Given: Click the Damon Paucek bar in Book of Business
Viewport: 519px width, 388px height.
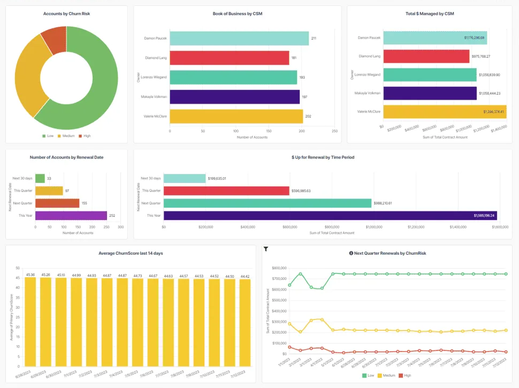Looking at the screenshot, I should [239, 39].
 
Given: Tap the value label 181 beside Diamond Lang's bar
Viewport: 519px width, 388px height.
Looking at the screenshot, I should [294, 58].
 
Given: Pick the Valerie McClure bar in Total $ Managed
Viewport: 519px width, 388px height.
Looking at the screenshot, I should [444, 112].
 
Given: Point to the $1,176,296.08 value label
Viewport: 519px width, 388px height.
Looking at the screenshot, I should [474, 38].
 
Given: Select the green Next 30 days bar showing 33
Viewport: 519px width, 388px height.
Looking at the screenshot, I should [40, 178].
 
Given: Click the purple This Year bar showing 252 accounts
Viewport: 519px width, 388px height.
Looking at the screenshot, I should [71, 216].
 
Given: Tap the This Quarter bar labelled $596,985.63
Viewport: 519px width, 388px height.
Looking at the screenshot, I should [226, 191].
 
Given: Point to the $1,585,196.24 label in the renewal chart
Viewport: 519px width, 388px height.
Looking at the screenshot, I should [484, 216].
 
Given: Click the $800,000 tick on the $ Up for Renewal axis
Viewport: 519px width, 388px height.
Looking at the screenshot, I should [332, 227].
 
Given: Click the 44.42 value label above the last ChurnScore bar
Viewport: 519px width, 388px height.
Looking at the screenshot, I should [245, 276].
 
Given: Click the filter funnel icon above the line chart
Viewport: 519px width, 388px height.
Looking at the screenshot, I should [266, 249].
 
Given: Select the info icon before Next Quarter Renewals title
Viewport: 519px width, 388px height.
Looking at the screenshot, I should [351, 253].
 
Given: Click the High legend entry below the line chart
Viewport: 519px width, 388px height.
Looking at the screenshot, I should [406, 376].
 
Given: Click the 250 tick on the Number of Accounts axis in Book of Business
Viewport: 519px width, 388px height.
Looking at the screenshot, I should [334, 131].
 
